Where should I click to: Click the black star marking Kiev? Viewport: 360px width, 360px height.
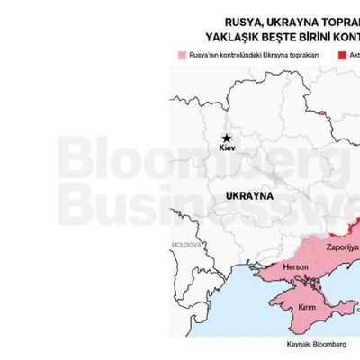coord(225,135)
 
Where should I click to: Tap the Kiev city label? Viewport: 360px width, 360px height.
coord(226,146)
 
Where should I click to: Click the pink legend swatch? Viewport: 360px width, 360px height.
coord(183,55)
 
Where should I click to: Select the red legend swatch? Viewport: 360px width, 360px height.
coord(342,55)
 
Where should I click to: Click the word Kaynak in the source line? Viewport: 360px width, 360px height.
coord(291,343)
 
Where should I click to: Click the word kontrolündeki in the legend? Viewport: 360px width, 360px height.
coord(238,55)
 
